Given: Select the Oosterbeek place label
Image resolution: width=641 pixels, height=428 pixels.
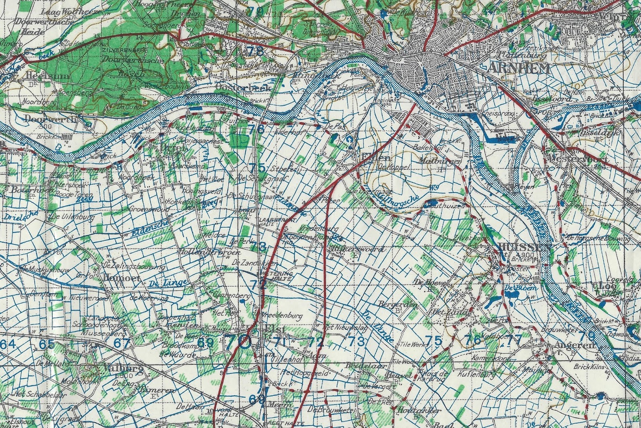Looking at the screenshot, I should point(238,87).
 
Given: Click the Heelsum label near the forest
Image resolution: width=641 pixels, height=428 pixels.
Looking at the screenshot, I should point(47,75).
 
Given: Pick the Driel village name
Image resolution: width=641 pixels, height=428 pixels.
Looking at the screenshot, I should point(173,147).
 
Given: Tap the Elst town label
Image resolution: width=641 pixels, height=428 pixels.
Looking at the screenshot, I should point(275,329).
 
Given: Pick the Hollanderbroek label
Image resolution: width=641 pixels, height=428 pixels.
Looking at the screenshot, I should point(210,252).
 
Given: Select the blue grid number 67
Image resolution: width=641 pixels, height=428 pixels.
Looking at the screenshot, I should point(122,343).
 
